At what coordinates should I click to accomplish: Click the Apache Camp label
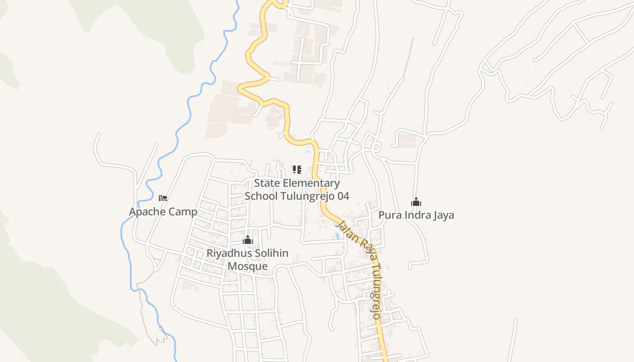pos(163,212)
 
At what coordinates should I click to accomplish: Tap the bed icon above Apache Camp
pos(163,198)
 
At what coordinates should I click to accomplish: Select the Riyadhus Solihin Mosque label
pos(247,260)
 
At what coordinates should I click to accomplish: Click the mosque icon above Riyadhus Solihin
pos(247,240)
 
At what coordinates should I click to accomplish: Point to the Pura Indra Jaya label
pos(416,215)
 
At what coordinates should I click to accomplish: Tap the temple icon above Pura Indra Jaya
pos(416,202)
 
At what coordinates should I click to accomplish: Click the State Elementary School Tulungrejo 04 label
pos(297,190)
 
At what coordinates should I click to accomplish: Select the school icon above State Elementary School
pos(297,170)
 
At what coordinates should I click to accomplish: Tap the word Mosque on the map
pos(247,267)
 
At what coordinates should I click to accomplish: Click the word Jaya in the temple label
pos(443,215)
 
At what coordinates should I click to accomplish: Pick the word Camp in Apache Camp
pos(183,212)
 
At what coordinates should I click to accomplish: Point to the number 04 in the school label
pos(343,196)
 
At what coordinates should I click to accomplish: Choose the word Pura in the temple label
pos(388,215)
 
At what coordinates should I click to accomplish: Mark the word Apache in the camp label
pos(147,212)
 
